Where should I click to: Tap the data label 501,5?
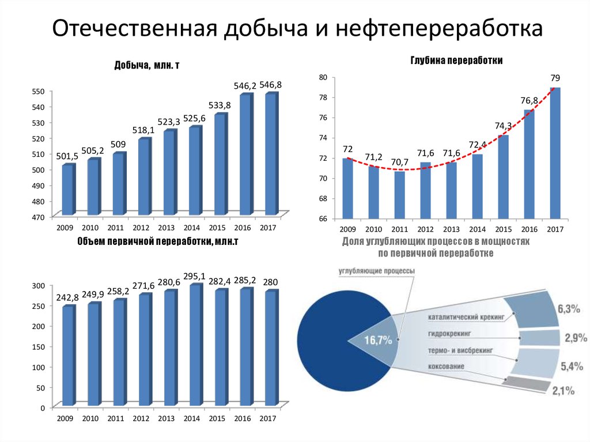pos(67,156)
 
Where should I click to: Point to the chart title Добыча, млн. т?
pos(147,66)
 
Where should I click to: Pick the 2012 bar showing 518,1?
pos(144,176)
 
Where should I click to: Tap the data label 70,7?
pos(398,162)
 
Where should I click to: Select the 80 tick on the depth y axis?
pos(323,77)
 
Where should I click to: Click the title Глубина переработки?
pos(457,60)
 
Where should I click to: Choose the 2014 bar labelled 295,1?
pos(195,345)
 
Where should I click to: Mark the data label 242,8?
pos(67,297)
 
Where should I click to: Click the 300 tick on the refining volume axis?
pos(37,286)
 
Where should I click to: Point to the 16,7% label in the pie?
pos(377,340)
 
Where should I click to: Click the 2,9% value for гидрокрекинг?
pos(575,338)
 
